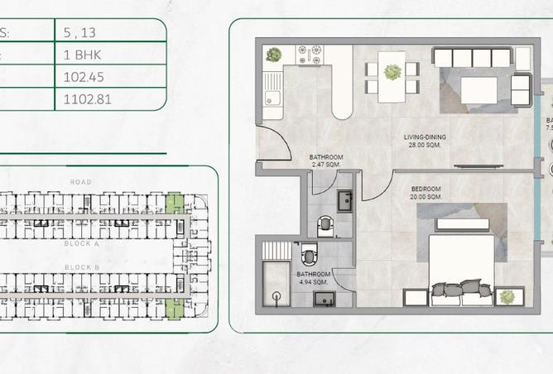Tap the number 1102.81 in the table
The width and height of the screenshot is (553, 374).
click(x=86, y=99)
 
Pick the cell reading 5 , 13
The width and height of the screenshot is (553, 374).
click(x=79, y=33)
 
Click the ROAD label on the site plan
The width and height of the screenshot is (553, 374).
click(x=81, y=182)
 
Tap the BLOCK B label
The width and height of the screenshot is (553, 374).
click(x=81, y=267)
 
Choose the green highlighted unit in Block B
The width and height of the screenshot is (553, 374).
click(x=174, y=309)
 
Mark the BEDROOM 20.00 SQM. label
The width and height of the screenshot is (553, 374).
click(x=426, y=193)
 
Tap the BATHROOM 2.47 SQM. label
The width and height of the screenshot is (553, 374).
click(x=326, y=160)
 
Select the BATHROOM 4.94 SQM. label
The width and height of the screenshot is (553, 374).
click(x=314, y=277)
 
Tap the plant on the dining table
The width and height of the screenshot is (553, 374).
click(x=391, y=71)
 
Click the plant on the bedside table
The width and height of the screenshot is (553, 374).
click(x=507, y=296)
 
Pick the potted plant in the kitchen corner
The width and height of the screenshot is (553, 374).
click(x=273, y=55)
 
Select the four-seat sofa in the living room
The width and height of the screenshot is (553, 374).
click(x=472, y=58)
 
